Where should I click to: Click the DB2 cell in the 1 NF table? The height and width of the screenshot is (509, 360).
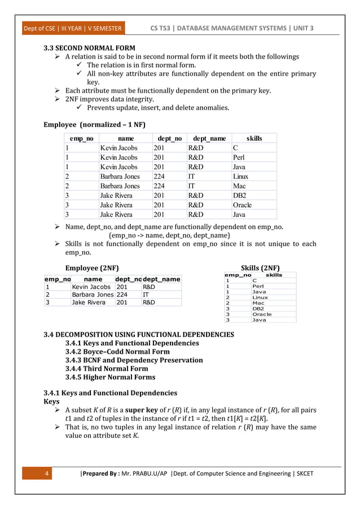click(240, 195)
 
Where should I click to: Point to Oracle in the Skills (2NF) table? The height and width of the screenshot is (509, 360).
click(262, 314)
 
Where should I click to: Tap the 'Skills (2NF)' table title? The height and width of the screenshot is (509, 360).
click(260, 267)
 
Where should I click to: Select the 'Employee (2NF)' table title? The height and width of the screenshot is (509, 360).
click(92, 267)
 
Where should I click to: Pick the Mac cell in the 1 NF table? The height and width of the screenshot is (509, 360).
click(239, 186)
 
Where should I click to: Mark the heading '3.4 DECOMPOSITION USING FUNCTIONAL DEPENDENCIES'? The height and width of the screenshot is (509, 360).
click(139, 335)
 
